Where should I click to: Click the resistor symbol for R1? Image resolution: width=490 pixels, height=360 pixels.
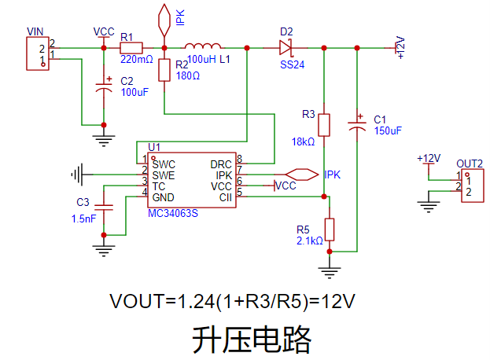click(x=131, y=48)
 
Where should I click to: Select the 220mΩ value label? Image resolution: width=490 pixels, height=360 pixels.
click(x=136, y=59)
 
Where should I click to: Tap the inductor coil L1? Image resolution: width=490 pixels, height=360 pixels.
click(x=203, y=46)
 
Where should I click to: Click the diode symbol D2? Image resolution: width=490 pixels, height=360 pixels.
click(x=286, y=48)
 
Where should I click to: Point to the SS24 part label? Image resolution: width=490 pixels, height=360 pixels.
click(x=292, y=64)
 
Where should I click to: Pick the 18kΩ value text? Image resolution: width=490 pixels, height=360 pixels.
click(x=303, y=142)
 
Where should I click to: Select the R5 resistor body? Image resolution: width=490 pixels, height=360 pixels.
click(x=330, y=230)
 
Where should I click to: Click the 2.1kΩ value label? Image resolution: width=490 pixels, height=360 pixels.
click(x=309, y=241)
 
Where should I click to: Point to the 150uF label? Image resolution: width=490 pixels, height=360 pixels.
click(x=388, y=130)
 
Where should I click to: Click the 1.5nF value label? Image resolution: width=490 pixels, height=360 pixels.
click(x=83, y=219)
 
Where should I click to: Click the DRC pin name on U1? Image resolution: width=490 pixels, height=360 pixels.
click(x=220, y=164)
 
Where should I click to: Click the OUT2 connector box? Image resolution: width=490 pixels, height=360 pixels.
click(x=470, y=186)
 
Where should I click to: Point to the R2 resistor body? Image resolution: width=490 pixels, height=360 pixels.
click(x=164, y=70)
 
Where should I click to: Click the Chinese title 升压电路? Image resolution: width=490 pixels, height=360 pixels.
click(x=252, y=339)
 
